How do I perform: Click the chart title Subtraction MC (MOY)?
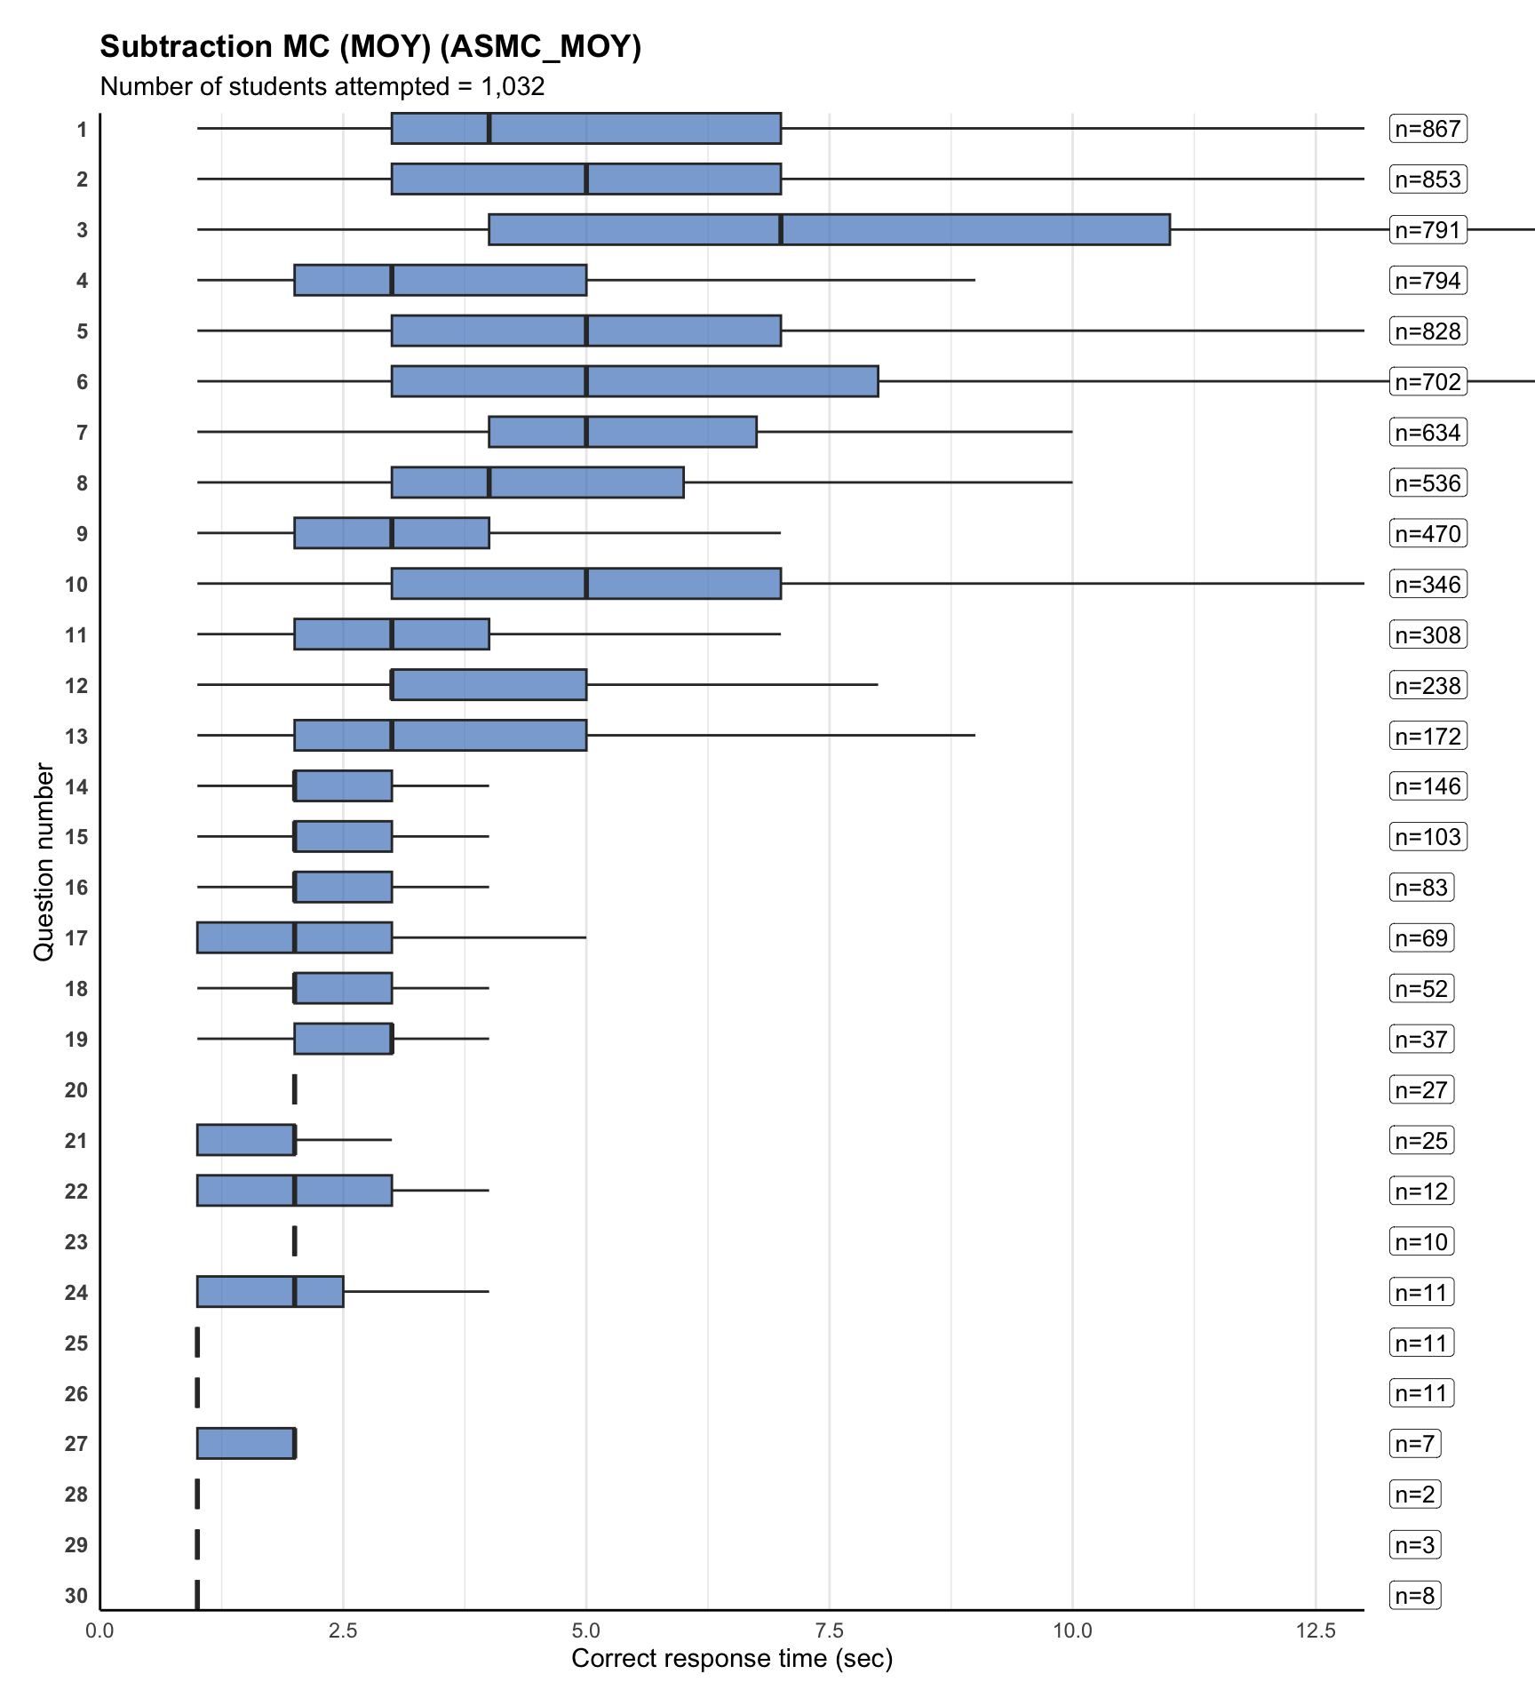point(370,46)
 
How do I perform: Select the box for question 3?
point(829,229)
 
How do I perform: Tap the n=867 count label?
point(1428,129)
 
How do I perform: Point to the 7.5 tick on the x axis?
point(829,1630)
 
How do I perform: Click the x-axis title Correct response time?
point(731,1658)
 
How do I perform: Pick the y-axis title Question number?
point(44,861)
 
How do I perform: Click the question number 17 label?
point(76,938)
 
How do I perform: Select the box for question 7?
point(622,432)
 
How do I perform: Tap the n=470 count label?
point(1428,534)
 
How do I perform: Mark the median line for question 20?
point(294,1089)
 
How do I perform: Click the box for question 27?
point(246,1443)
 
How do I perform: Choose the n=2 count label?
point(1414,1495)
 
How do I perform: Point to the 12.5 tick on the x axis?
point(1316,1630)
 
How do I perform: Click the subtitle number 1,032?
point(513,86)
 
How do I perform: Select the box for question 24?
point(270,1291)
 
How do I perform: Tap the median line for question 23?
point(294,1241)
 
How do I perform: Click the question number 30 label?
point(76,1596)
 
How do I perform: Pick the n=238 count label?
point(1428,685)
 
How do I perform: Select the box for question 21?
point(246,1140)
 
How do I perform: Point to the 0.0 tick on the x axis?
point(99,1630)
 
